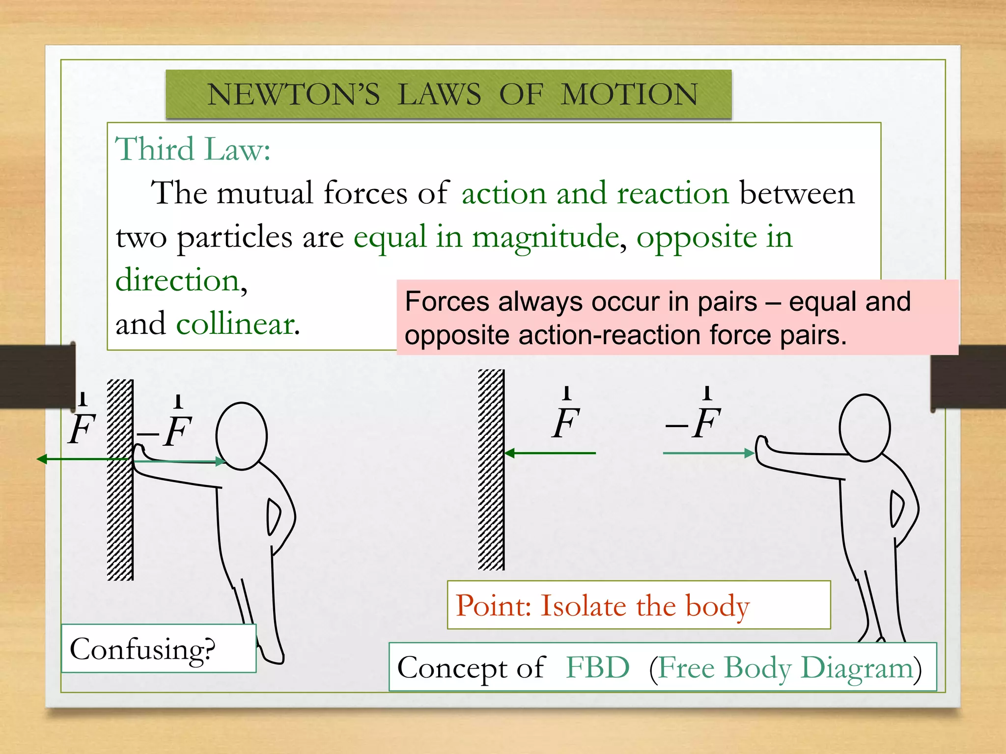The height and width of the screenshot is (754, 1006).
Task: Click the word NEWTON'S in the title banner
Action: point(293,94)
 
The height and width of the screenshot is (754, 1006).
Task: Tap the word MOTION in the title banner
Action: point(629,94)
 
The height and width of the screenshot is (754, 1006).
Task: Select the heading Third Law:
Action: point(193,149)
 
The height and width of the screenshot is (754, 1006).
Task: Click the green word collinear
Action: point(236,324)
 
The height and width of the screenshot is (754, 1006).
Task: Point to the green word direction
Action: point(178,281)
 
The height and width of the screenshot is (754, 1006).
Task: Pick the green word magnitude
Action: point(545,238)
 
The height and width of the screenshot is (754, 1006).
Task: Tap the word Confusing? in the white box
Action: point(142,649)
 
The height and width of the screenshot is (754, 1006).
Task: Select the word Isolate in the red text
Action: point(584,606)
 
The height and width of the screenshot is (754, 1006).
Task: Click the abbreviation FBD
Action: point(597,668)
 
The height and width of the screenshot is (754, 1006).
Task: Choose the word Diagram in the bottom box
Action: point(857,669)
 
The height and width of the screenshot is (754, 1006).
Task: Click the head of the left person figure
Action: point(242,436)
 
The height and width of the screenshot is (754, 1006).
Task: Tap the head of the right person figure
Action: point(865,428)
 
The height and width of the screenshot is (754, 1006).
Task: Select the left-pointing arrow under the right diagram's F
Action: point(550,453)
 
